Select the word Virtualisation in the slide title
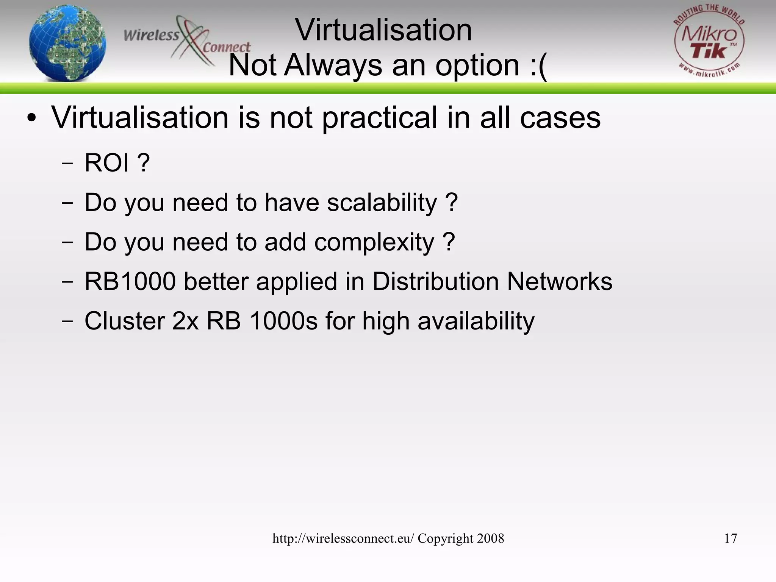(x=383, y=30)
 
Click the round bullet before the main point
(x=32, y=118)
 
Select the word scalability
(x=382, y=203)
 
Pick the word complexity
(x=374, y=242)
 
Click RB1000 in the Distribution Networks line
(x=130, y=281)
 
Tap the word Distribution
(x=435, y=281)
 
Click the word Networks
(x=560, y=281)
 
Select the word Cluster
(x=124, y=321)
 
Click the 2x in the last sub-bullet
(x=185, y=321)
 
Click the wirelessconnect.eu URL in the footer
(x=343, y=538)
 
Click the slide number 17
(x=731, y=538)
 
